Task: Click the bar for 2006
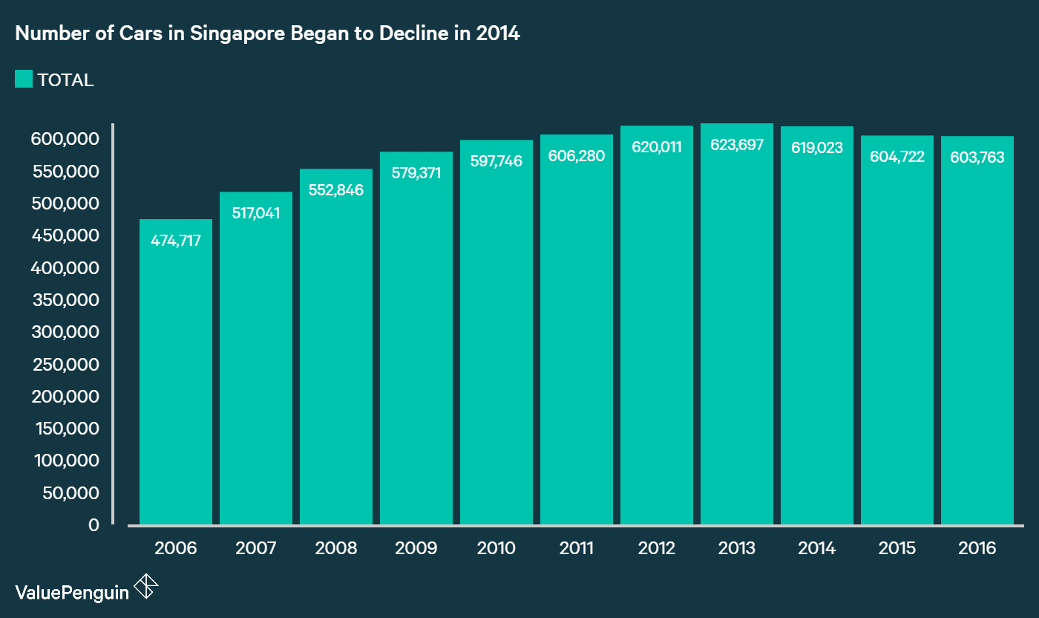coord(176,371)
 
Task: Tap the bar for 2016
coord(977,334)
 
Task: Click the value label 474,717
coord(176,241)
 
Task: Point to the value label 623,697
coord(737,145)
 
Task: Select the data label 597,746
coord(496,161)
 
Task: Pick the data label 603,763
coord(977,157)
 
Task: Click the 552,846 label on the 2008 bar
coord(336,190)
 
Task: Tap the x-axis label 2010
coord(496,548)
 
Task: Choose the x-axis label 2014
coord(817,548)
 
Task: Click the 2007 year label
coord(256,548)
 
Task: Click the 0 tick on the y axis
coord(94,525)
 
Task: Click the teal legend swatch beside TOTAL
coord(24,79)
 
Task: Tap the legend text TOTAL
coord(65,80)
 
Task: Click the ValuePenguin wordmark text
coord(72,591)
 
